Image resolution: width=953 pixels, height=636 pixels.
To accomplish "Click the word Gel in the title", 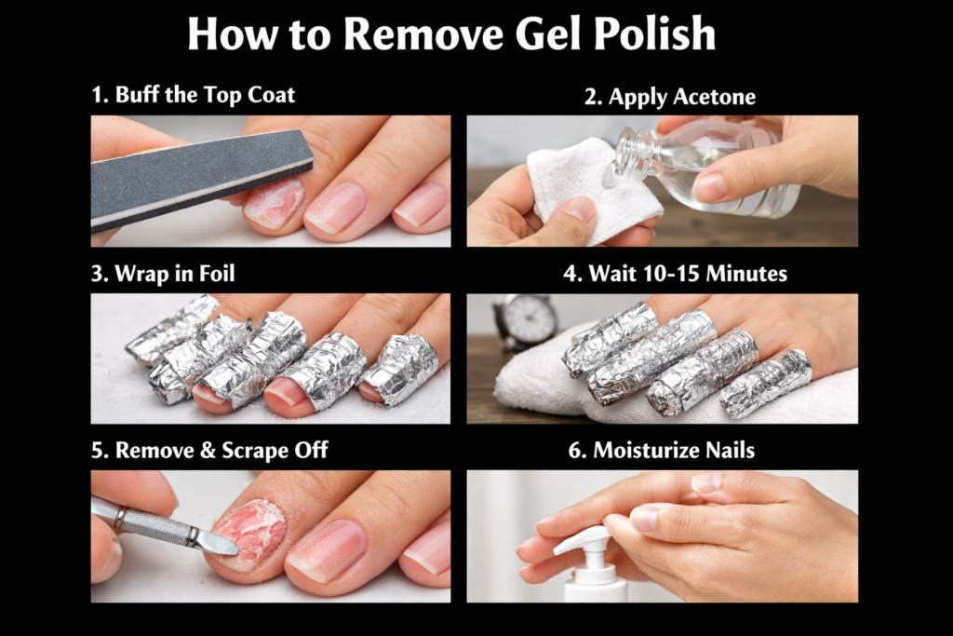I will pyautogui.click(x=554, y=34).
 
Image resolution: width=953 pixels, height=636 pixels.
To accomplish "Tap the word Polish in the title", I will pyautogui.click(x=660, y=34).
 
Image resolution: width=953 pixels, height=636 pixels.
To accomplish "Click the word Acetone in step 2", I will pyautogui.click(x=715, y=97).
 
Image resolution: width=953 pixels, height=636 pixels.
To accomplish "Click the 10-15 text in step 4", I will pyautogui.click(x=674, y=274).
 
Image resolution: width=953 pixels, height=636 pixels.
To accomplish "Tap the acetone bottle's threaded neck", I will pyautogui.click(x=634, y=153).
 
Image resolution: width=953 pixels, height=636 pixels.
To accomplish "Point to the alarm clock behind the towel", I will pyautogui.click(x=527, y=322).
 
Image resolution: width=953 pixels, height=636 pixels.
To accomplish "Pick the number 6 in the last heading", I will pyautogui.click(x=574, y=451).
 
